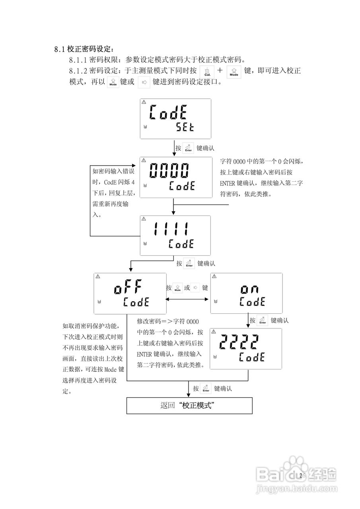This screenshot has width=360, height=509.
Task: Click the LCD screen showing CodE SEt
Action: [x=175, y=119]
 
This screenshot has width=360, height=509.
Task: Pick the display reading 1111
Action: [x=175, y=235]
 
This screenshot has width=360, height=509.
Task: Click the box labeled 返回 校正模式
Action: [x=189, y=406]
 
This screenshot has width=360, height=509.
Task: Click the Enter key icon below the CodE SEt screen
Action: [x=189, y=148]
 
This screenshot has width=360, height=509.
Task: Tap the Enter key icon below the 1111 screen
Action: [x=189, y=264]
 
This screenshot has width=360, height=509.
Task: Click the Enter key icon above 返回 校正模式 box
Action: [x=206, y=389]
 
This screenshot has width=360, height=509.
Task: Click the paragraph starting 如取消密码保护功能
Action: [x=93, y=358]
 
